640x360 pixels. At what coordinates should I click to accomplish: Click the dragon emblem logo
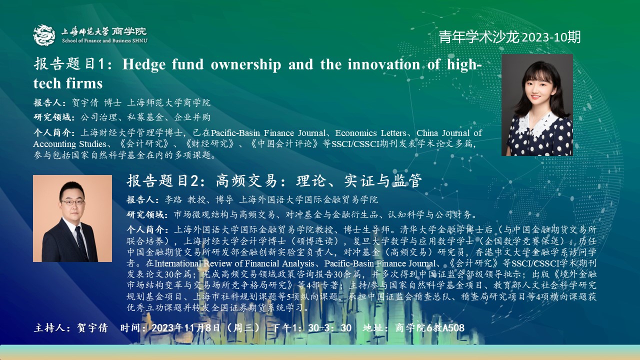click(44, 35)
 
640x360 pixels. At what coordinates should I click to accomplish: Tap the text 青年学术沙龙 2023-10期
click(509, 37)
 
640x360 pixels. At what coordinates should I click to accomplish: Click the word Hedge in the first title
click(144, 64)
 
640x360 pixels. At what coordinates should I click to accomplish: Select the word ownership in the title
click(246, 65)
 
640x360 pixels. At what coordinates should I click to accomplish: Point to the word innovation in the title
click(383, 64)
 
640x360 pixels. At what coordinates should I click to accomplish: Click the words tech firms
click(68, 83)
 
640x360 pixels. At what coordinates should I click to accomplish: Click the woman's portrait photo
click(537, 105)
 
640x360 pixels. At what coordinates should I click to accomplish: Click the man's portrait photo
click(72, 218)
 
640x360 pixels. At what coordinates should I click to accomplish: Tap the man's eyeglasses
click(72, 202)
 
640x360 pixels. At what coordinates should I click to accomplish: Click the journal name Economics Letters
click(371, 133)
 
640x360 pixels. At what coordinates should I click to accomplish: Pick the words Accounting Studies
click(69, 144)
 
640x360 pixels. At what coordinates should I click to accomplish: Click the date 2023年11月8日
click(186, 327)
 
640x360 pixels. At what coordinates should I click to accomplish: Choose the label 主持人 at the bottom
click(49, 327)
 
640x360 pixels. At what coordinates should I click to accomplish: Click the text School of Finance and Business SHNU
click(104, 40)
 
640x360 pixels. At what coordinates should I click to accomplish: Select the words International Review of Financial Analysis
click(234, 263)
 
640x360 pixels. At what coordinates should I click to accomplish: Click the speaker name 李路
click(173, 199)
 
